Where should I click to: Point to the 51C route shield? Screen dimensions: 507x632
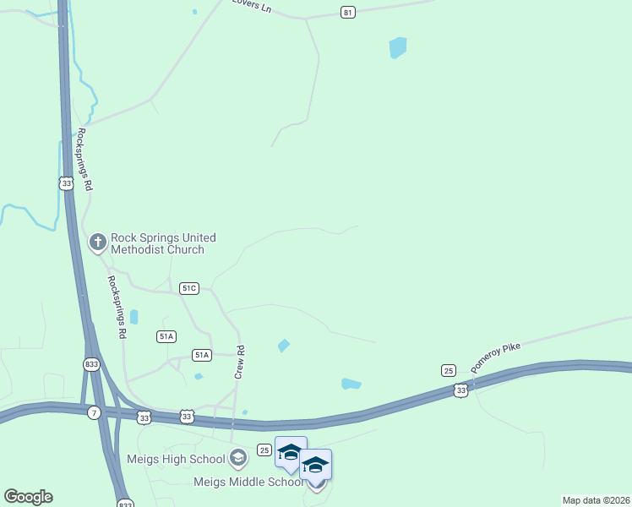pyautogui.click(x=189, y=288)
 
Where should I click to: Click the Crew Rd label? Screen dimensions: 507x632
pyautogui.click(x=240, y=361)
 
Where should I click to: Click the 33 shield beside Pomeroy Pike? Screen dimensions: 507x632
pyautogui.click(x=460, y=390)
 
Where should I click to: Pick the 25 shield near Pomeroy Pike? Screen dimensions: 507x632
pyautogui.click(x=449, y=370)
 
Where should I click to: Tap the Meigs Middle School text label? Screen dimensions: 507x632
pyautogui.click(x=248, y=482)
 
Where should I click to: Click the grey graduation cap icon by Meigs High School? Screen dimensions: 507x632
pyautogui.click(x=238, y=459)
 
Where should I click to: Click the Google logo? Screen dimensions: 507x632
pyautogui.click(x=28, y=497)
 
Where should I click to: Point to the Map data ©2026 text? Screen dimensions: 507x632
pyautogui.click(x=595, y=500)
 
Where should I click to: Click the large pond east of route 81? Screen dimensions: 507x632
pyautogui.click(x=397, y=48)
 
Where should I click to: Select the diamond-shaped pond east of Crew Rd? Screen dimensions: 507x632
pyautogui.click(x=284, y=345)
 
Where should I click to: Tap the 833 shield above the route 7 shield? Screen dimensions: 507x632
pyautogui.click(x=92, y=364)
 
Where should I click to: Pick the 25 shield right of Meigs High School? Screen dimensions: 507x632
pyautogui.click(x=264, y=449)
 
